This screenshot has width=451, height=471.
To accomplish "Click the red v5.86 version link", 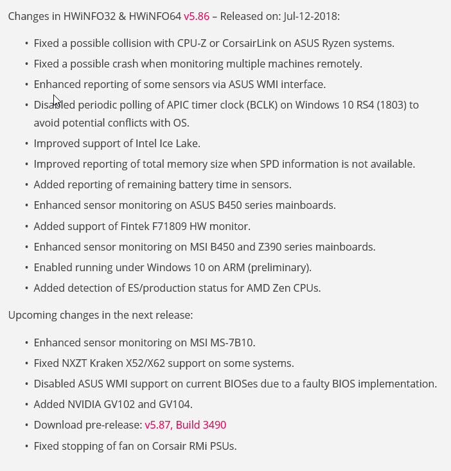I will (x=197, y=15).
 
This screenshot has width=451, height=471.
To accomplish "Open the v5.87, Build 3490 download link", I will (x=185, y=425).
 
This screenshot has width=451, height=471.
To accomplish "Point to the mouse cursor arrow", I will (x=56, y=100).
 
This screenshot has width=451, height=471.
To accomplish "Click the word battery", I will (x=200, y=184).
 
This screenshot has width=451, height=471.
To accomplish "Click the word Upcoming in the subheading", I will (x=31, y=315).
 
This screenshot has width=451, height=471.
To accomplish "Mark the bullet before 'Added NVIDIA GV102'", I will (x=26, y=405).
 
